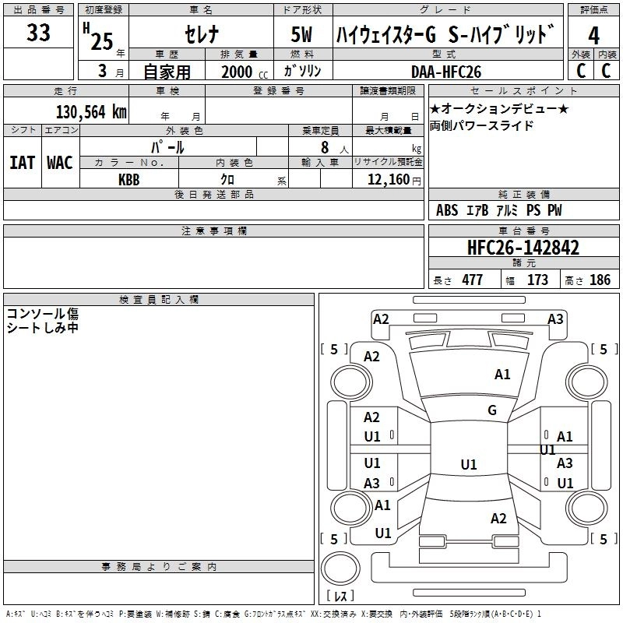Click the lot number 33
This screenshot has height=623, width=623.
(x=38, y=33)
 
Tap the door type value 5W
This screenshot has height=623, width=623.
(x=303, y=35)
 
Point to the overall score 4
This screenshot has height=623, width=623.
(x=594, y=36)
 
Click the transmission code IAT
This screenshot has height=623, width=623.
(x=23, y=162)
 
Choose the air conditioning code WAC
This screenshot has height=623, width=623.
(x=60, y=162)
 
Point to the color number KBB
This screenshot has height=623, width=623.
(x=129, y=179)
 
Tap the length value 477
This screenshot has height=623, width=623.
(x=472, y=280)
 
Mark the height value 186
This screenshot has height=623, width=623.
(x=600, y=280)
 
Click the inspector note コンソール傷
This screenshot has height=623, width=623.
(x=42, y=314)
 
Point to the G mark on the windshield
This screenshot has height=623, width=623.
(x=492, y=410)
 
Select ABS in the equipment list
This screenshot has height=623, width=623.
(x=447, y=210)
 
